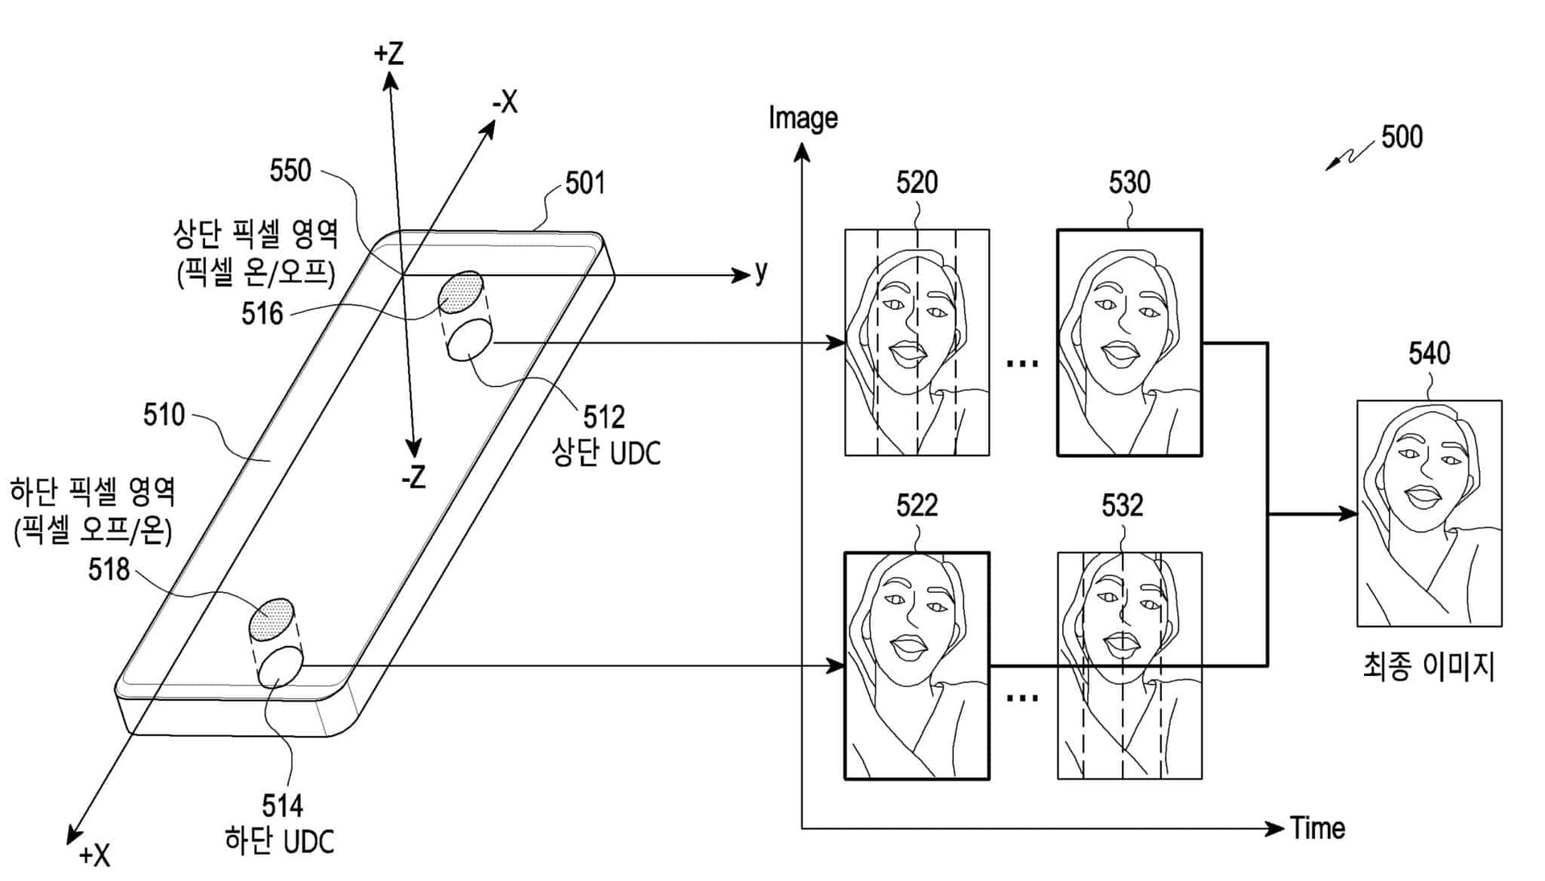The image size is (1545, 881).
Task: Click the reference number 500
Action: (1401, 137)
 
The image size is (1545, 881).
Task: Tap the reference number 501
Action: (584, 183)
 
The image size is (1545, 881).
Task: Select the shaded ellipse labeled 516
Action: (461, 292)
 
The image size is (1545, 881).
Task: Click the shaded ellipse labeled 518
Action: (271, 619)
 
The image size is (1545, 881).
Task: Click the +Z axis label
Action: (389, 54)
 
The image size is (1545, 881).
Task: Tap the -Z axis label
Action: (413, 478)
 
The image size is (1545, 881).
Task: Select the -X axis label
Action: (505, 102)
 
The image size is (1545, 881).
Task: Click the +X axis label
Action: (94, 855)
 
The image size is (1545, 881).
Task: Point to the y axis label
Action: (761, 272)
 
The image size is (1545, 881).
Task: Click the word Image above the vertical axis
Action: (802, 118)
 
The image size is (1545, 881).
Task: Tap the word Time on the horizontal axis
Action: (1317, 828)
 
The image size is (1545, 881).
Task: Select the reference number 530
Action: (1129, 183)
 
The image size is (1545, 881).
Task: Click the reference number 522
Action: (917, 506)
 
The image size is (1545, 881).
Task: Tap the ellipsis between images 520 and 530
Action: (1023, 364)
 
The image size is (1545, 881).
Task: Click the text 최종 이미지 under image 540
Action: (1428, 667)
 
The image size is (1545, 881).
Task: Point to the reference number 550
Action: (290, 171)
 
